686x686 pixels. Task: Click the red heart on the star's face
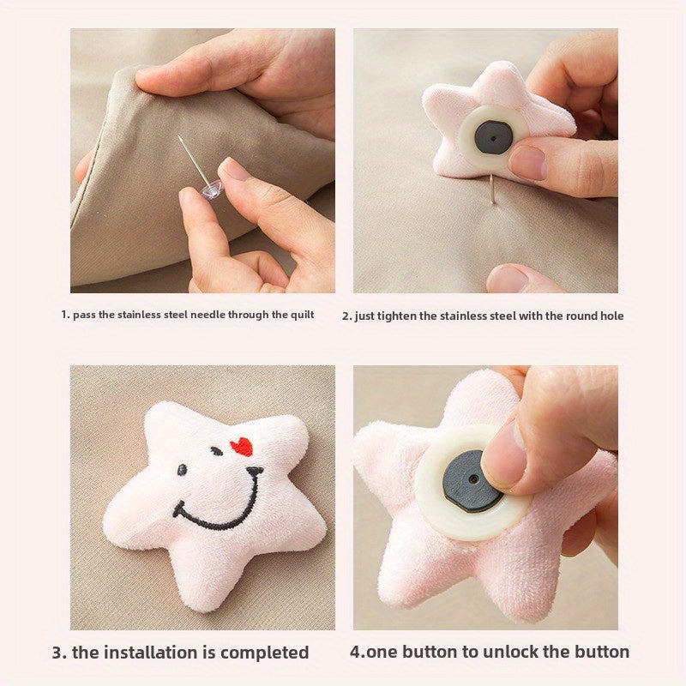(x=242, y=447)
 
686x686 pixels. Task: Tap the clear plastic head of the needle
(x=212, y=189)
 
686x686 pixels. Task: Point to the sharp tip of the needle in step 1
(x=178, y=136)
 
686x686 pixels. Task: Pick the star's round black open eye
(x=182, y=470)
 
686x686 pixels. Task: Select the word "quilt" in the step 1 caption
(x=303, y=315)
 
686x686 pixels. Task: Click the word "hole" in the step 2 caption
(x=611, y=316)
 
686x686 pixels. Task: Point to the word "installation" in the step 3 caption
(x=153, y=653)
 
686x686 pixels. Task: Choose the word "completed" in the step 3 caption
(x=265, y=653)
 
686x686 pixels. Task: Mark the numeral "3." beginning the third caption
(x=59, y=653)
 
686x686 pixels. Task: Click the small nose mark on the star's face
(x=254, y=472)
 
